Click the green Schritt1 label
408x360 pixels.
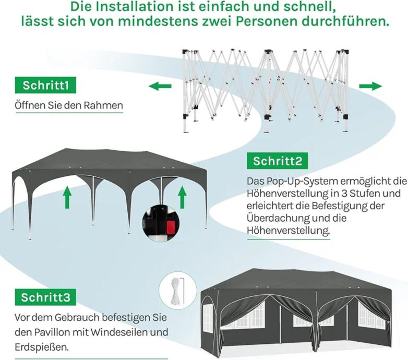click(x=45, y=85)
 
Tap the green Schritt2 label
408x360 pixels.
click(x=278, y=161)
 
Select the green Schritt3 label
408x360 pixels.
click(x=45, y=297)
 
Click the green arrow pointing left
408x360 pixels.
click(x=160, y=86)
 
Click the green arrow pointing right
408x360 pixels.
click(x=370, y=86)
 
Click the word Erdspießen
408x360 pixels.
click(x=42, y=347)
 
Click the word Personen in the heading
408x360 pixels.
click(x=267, y=21)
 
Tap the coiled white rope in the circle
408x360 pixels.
click(x=175, y=291)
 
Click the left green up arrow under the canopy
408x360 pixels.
click(x=67, y=197)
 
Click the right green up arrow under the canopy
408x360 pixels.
click(x=182, y=197)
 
